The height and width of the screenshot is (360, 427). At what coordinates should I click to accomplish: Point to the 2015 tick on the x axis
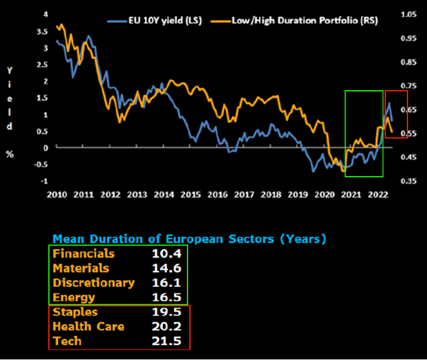point(191,195)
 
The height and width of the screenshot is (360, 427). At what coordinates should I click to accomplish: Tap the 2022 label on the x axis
point(376,195)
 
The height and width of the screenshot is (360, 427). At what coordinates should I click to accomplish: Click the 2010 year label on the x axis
point(56,195)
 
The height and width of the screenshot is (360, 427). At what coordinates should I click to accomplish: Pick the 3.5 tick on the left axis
point(42,31)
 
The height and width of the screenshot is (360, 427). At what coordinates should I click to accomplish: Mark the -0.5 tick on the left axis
point(41,164)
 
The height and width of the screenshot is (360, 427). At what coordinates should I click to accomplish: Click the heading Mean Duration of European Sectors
point(189,239)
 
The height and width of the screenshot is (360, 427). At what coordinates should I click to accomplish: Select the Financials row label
point(83,253)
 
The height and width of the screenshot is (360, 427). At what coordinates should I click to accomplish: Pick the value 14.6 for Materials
point(163,268)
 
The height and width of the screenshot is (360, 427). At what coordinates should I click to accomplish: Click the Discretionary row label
point(93,283)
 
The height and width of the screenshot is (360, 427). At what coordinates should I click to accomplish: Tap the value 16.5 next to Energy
point(163,297)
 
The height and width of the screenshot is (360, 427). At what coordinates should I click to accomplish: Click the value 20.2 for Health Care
point(163,327)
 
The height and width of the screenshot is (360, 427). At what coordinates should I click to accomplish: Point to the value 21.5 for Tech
point(163,342)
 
